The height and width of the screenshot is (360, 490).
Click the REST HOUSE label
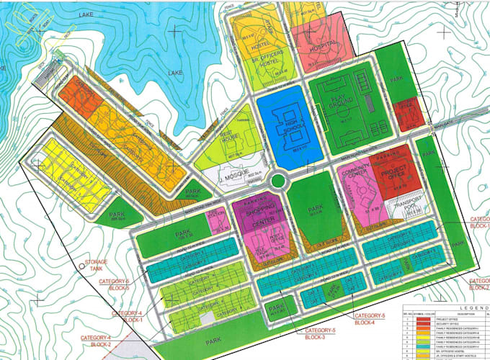[228, 138]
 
